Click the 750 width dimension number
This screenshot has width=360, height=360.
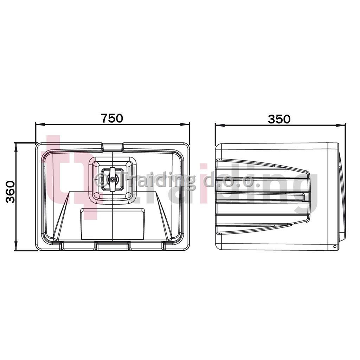pyautogui.click(x=112, y=118)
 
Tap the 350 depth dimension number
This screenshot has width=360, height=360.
pyautogui.click(x=279, y=119)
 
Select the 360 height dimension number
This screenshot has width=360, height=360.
pyautogui.click(x=10, y=192)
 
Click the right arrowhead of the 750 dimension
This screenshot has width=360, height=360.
pyautogui.click(x=185, y=124)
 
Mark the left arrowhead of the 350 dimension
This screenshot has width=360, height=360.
pyautogui.click(x=220, y=126)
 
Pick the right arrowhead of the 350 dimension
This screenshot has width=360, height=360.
pyautogui.click(x=341, y=126)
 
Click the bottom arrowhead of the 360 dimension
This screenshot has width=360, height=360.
pyautogui.click(x=16, y=245)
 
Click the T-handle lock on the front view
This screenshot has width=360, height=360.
pyautogui.click(x=112, y=179)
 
